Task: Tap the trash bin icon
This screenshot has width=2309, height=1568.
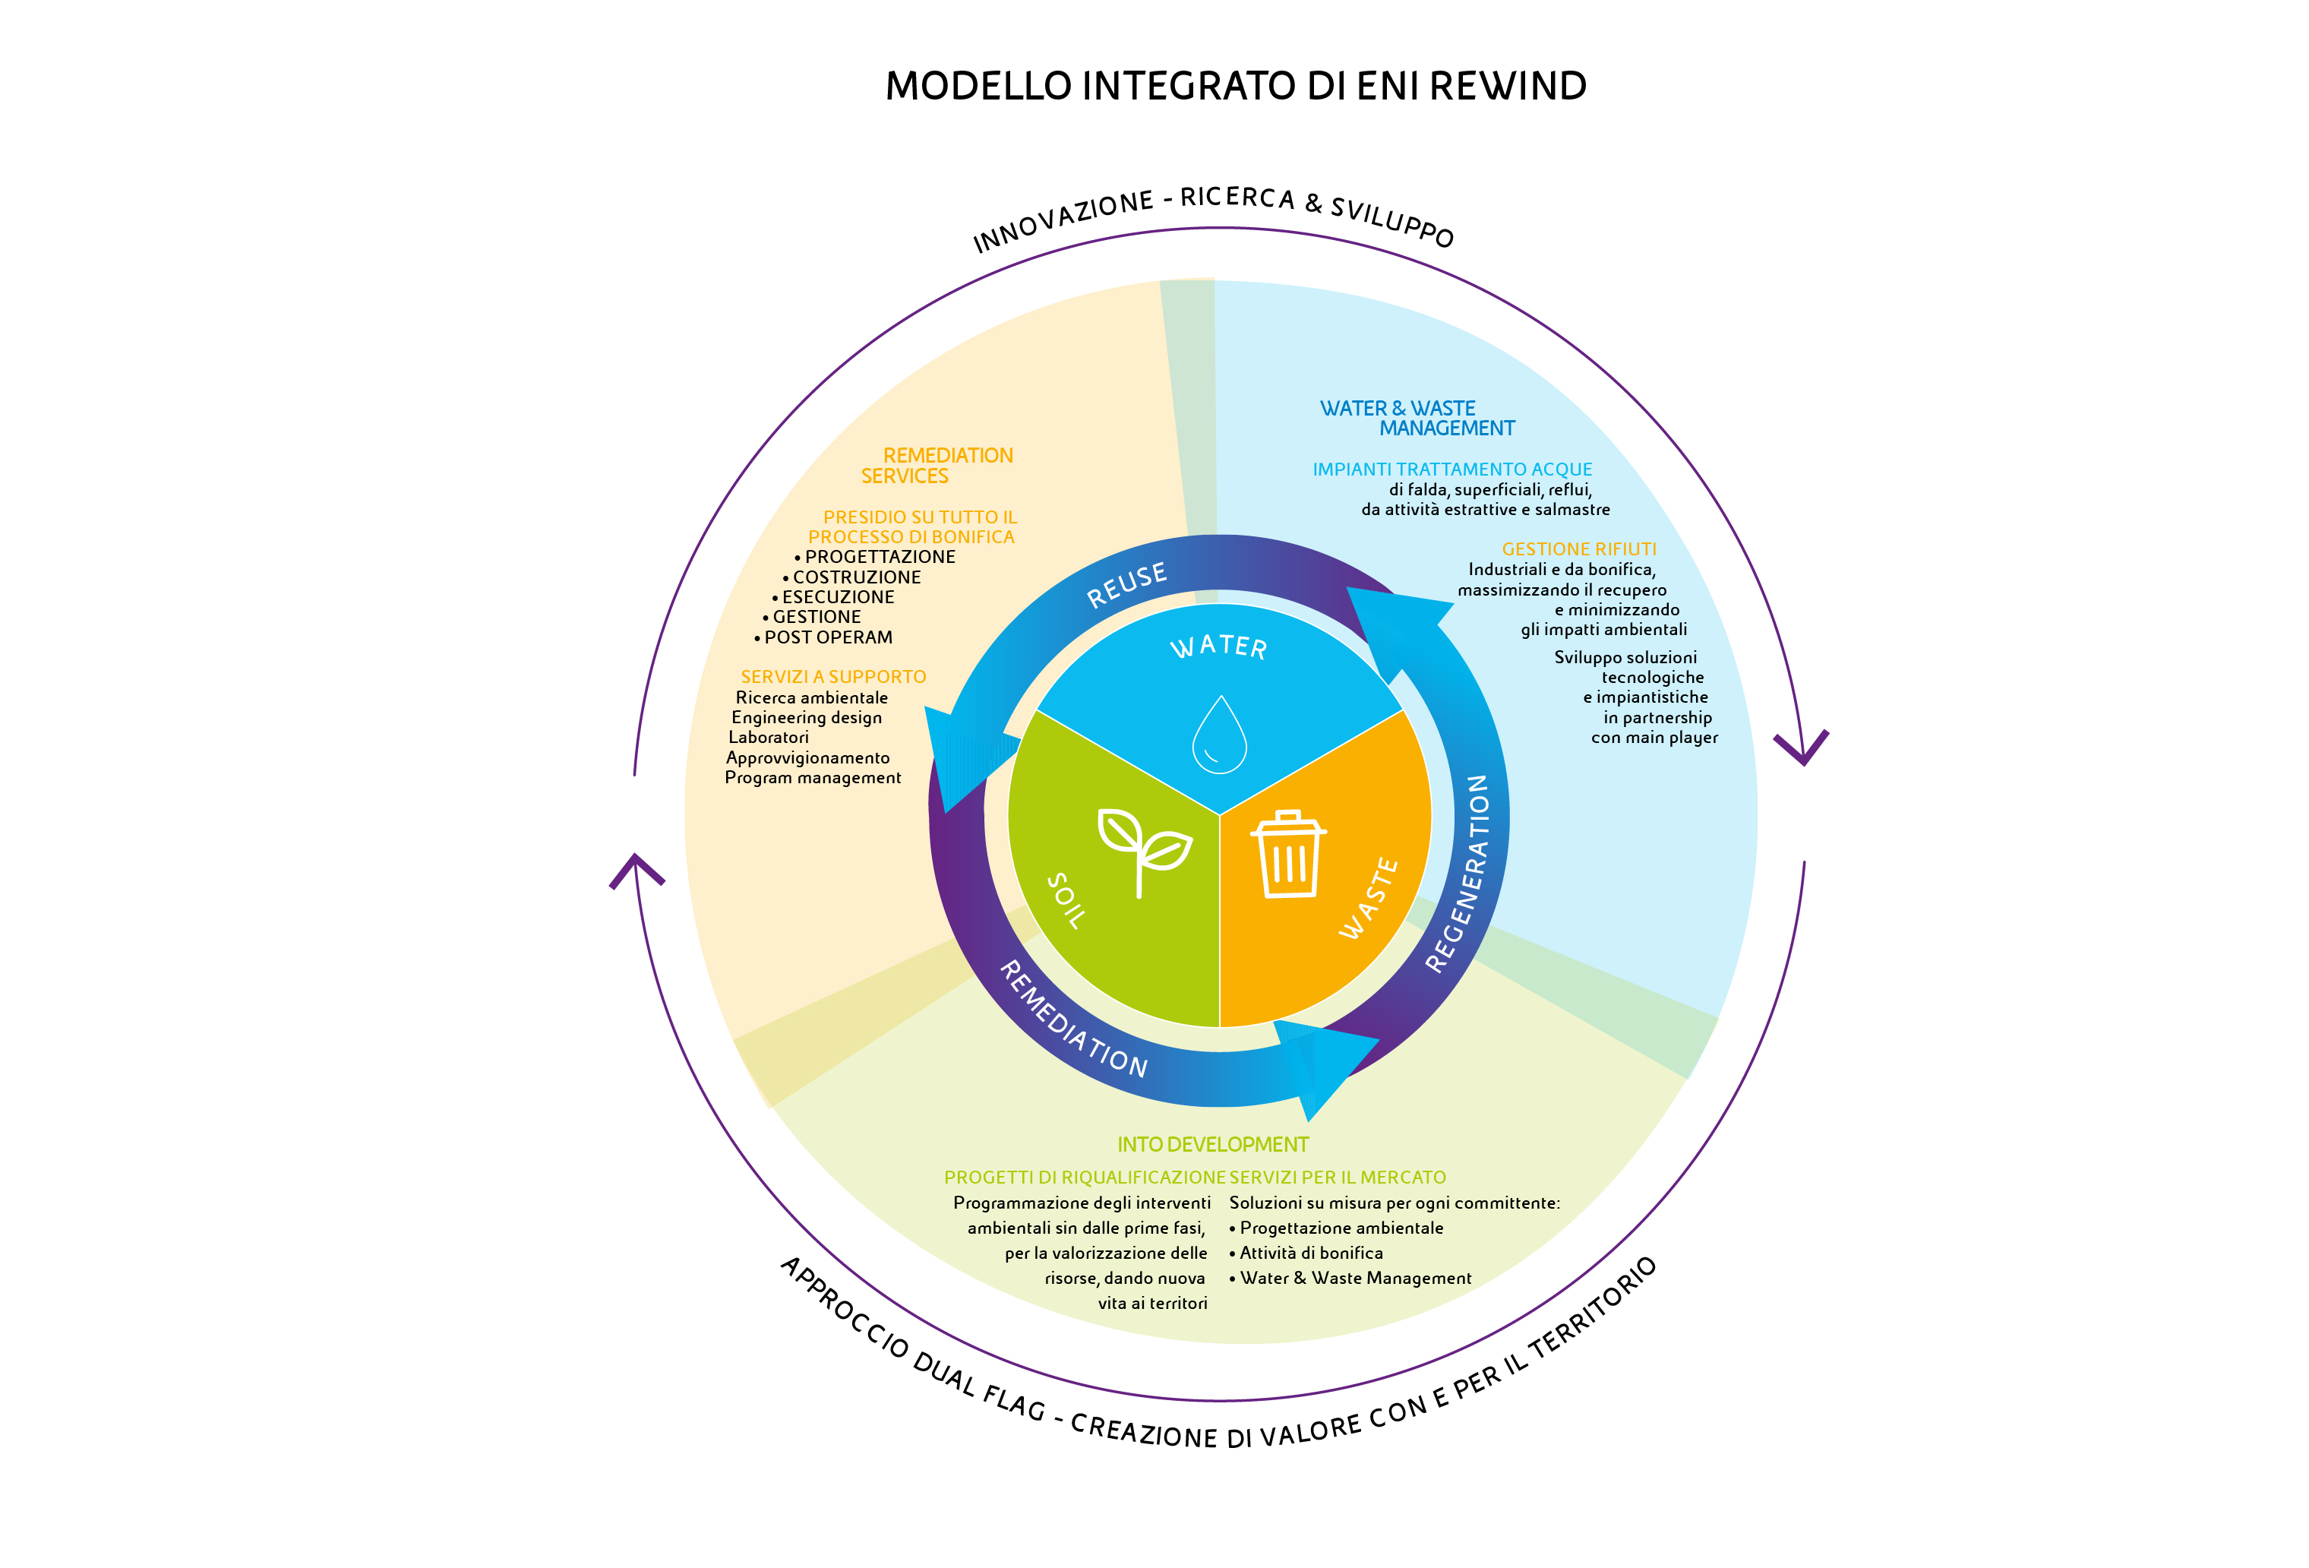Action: coord(1289,855)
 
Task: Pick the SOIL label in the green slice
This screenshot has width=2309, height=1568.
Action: coord(1066,900)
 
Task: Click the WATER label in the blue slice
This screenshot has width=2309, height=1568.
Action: coord(1219,646)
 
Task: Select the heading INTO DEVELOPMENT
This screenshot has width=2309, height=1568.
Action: coord(1212,1145)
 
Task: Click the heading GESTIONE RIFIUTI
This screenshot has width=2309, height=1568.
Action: coord(1579,549)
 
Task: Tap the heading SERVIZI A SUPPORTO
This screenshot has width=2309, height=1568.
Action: coord(832,677)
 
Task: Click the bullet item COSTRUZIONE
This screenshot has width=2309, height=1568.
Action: coord(857,577)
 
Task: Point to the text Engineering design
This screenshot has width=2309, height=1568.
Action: coord(807,717)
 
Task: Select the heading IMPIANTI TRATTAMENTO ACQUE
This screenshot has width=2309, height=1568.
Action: coord(1451,469)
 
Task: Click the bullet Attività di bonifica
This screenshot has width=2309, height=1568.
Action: coord(1310,1253)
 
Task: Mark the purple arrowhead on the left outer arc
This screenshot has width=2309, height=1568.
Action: coord(636,869)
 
